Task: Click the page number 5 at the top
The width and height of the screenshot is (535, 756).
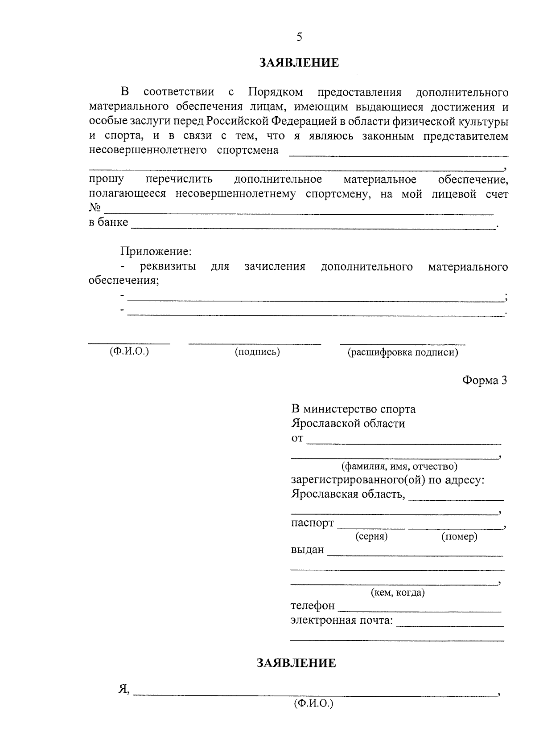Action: (299, 37)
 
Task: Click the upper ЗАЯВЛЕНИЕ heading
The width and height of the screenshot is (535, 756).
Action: (299, 63)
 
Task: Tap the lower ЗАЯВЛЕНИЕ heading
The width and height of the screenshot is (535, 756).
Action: (296, 663)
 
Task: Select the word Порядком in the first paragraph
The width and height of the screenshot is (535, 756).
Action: (276, 92)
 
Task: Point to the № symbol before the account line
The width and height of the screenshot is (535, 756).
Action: (95, 208)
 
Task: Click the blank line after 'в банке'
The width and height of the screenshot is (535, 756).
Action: (312, 226)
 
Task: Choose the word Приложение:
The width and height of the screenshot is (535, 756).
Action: (156, 251)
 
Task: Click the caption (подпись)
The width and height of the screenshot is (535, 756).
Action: (257, 352)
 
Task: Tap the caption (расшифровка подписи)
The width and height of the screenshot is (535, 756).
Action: (403, 352)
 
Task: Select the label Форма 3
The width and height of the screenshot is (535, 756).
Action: (484, 380)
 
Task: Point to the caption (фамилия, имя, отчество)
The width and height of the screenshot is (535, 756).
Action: (399, 466)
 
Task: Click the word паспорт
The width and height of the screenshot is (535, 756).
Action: (312, 523)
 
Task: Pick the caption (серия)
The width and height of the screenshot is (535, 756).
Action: (371, 536)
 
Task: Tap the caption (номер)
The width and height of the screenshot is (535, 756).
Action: (459, 536)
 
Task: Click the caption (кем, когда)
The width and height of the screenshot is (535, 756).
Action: (398, 593)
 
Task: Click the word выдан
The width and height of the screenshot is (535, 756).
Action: (307, 550)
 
